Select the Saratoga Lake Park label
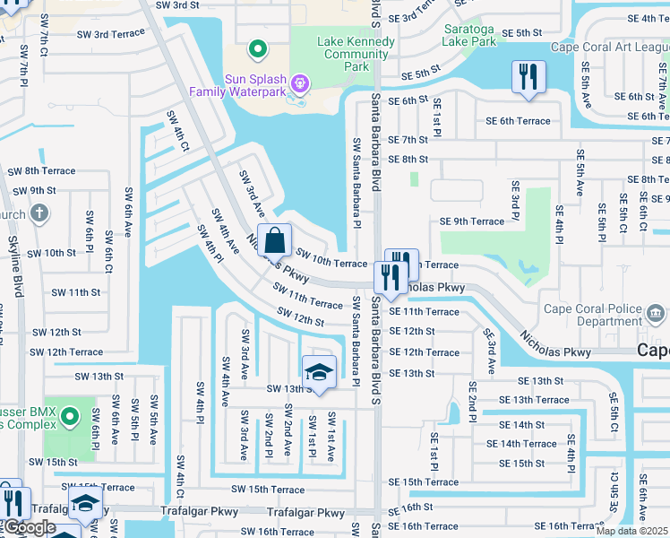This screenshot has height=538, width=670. [470, 35]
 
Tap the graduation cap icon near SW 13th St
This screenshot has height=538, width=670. [319, 370]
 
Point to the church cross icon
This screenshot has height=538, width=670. [38, 213]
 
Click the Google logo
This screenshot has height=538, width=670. [30, 527]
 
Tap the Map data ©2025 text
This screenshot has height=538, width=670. [632, 531]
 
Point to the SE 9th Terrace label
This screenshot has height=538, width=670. [471, 221]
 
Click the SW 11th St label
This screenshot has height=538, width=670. [75, 292]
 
